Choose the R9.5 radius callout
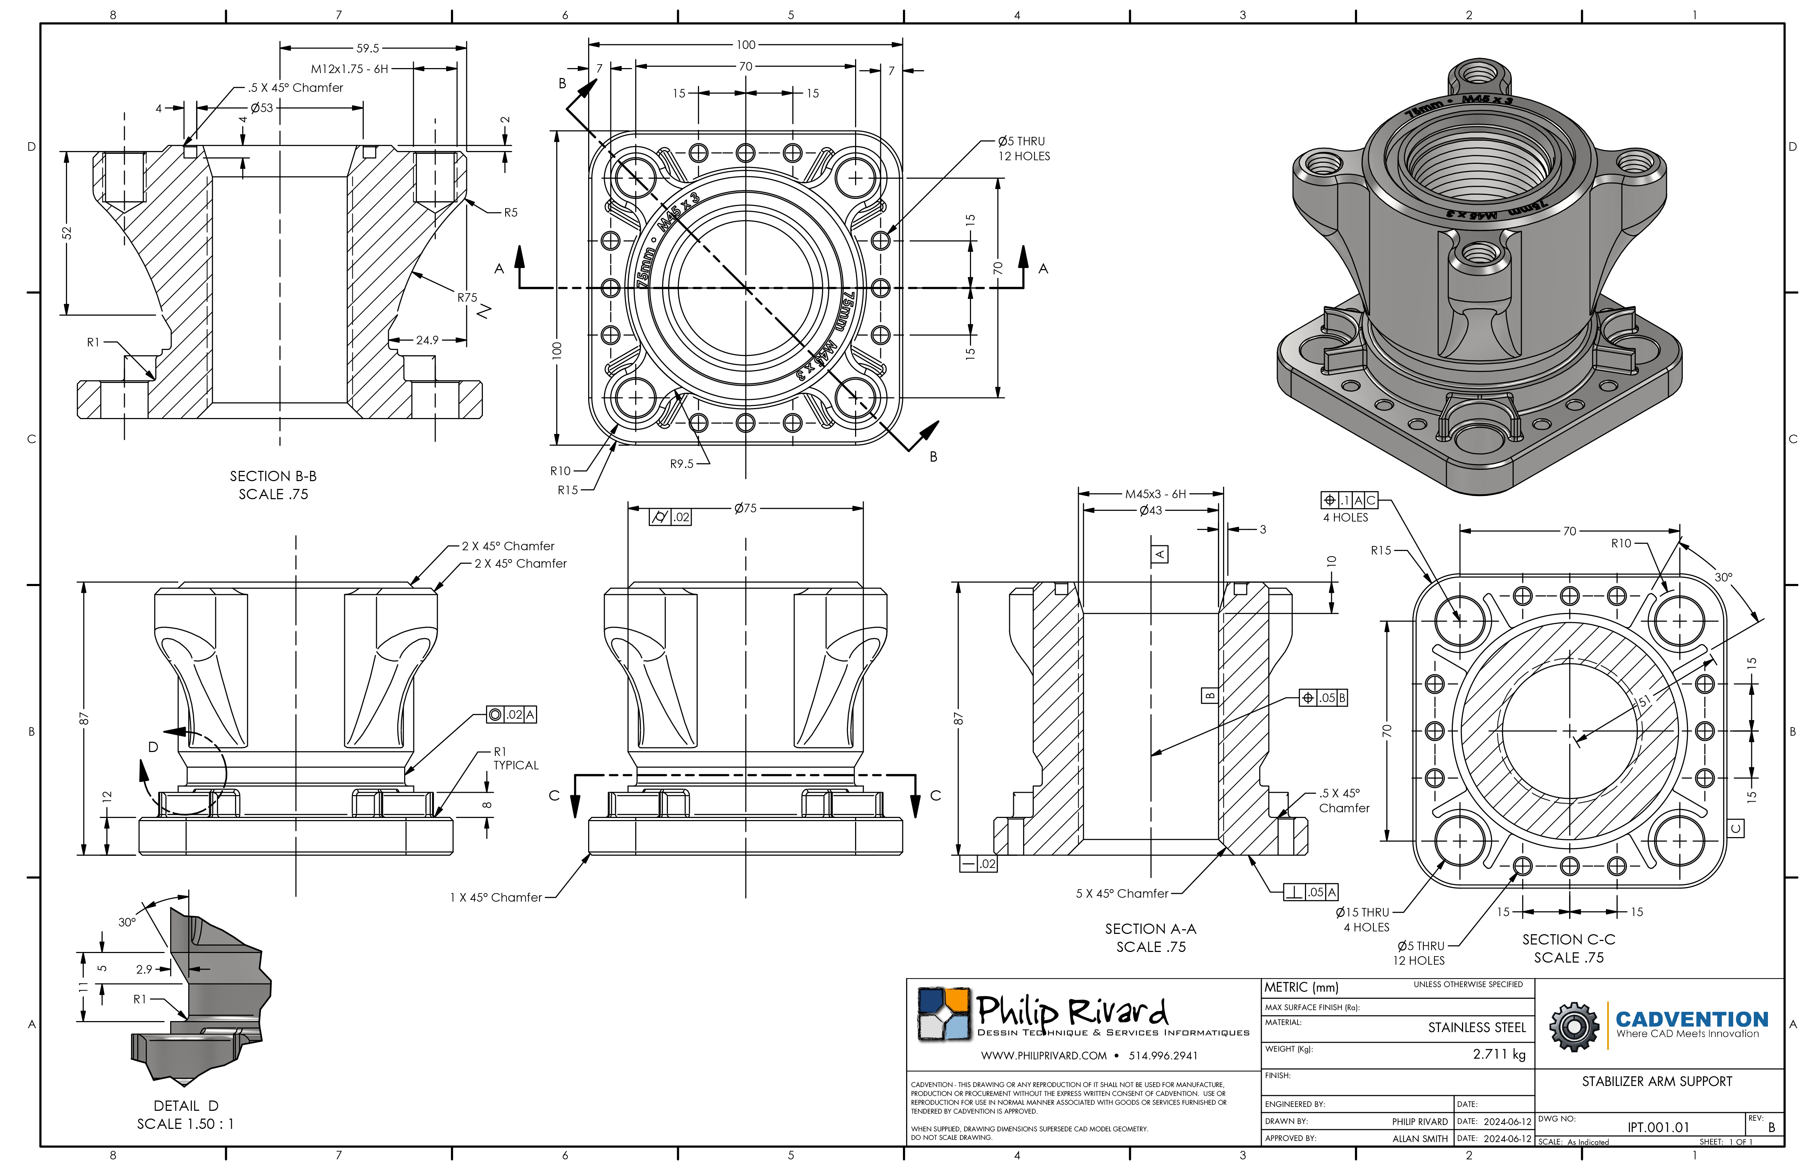tap(681, 463)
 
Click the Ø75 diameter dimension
tap(745, 508)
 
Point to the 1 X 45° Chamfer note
tap(495, 897)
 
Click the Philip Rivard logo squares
tap(944, 1014)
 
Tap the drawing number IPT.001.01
tap(1658, 1127)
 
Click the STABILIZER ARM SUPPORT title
tap(1657, 1081)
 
